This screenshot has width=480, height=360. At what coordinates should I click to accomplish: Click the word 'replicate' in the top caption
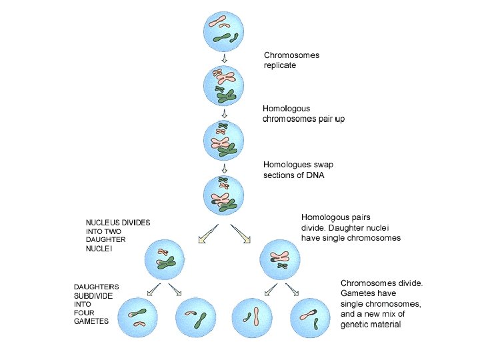click(280, 65)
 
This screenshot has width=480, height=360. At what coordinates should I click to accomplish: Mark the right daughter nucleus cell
click(279, 259)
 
